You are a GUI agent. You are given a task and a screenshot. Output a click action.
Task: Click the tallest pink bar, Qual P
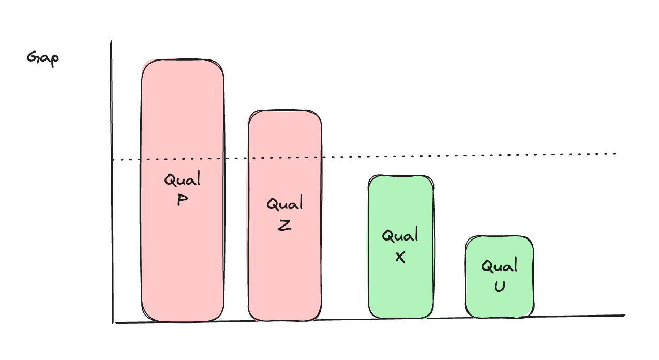click(183, 248)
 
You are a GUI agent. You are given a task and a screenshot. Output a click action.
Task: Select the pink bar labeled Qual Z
click(284, 269)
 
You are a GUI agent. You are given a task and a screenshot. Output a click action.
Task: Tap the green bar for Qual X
click(401, 290)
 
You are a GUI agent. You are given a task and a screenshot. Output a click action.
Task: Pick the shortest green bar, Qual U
click(499, 300)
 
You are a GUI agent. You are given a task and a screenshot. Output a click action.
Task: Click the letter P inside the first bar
click(182, 200)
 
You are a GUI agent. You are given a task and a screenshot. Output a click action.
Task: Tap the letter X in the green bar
click(400, 257)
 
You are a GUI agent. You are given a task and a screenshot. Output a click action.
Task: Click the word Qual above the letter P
click(182, 181)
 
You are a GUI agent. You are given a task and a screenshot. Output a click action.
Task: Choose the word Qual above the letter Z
click(284, 205)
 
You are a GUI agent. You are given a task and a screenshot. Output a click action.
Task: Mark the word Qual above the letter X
click(400, 236)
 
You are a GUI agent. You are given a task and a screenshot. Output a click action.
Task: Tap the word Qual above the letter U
click(499, 267)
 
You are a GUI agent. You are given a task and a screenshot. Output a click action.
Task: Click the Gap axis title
click(43, 57)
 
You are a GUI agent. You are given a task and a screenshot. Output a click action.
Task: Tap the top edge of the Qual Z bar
click(284, 111)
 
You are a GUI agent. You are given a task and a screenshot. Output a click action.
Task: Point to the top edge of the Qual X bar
click(401, 176)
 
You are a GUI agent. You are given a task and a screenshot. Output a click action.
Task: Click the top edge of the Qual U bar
click(499, 237)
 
